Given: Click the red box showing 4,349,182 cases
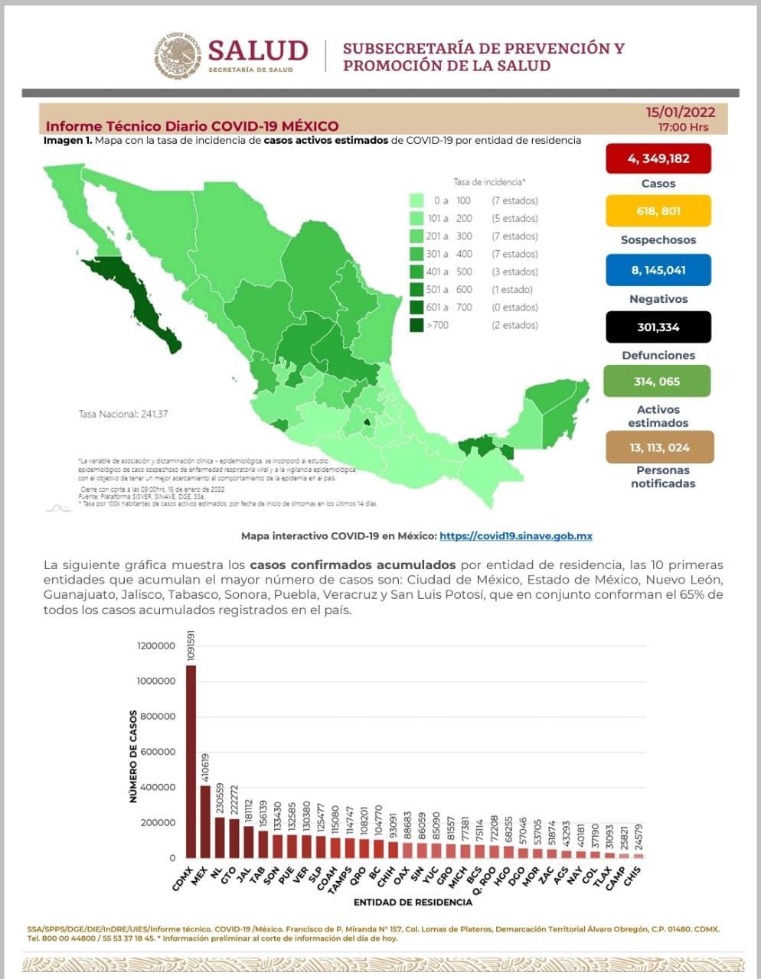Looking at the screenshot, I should pyautogui.click(x=658, y=158).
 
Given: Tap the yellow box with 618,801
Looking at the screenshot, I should pyautogui.click(x=658, y=211).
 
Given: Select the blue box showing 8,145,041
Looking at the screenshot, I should pyautogui.click(x=658, y=270).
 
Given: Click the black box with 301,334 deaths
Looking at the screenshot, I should pyautogui.click(x=658, y=327).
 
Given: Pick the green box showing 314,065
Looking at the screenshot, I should pyautogui.click(x=656, y=381).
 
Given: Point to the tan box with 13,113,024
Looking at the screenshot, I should pyautogui.click(x=659, y=447).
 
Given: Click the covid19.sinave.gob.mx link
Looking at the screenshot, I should pyautogui.click(x=515, y=536).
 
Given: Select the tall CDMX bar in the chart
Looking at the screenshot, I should pyautogui.click(x=191, y=761).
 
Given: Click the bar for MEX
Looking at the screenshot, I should pyautogui.click(x=204, y=821).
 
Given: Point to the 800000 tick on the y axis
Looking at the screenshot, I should pyautogui.click(x=156, y=717).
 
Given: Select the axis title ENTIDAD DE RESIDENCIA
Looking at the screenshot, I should pyautogui.click(x=413, y=903).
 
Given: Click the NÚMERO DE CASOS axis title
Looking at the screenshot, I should pyautogui.click(x=133, y=756).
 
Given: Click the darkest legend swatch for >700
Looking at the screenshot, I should pyautogui.click(x=416, y=325).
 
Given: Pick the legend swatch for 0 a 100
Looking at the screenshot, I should pyautogui.click(x=416, y=200).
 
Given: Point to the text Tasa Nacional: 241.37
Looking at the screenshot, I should pyautogui.click(x=123, y=414).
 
